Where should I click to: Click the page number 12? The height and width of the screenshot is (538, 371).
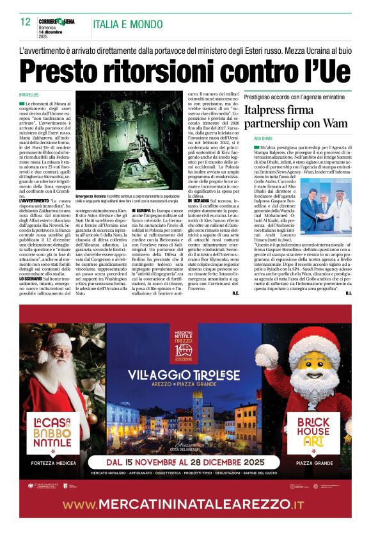26,22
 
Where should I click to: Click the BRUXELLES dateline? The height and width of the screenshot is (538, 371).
29,94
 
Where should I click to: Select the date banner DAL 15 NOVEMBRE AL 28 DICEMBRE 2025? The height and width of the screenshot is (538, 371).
185,462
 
